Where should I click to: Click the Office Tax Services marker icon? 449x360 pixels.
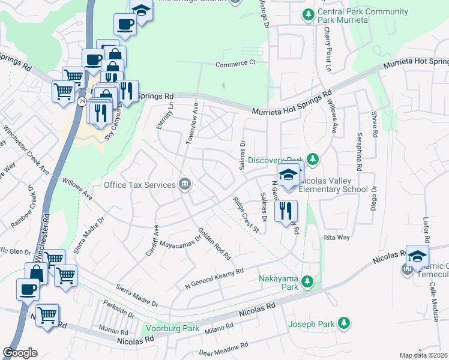click(x=185, y=185)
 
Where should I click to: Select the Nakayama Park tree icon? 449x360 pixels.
click(x=307, y=281)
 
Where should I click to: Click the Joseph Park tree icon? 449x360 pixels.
click(x=344, y=324)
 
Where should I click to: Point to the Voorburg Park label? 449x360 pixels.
click(x=174, y=329)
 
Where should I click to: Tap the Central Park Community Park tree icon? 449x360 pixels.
click(x=308, y=14)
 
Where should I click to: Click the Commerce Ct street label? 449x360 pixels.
click(x=236, y=62)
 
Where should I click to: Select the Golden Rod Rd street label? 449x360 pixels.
click(x=214, y=244)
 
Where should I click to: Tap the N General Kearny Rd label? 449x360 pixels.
click(x=214, y=271)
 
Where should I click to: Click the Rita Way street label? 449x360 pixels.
click(x=336, y=238)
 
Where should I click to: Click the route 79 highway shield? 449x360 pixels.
click(x=81, y=101)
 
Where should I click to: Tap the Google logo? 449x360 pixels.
click(x=20, y=353)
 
